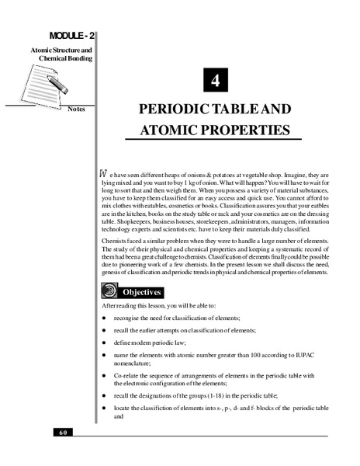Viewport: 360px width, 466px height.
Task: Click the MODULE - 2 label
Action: tap(73, 37)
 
